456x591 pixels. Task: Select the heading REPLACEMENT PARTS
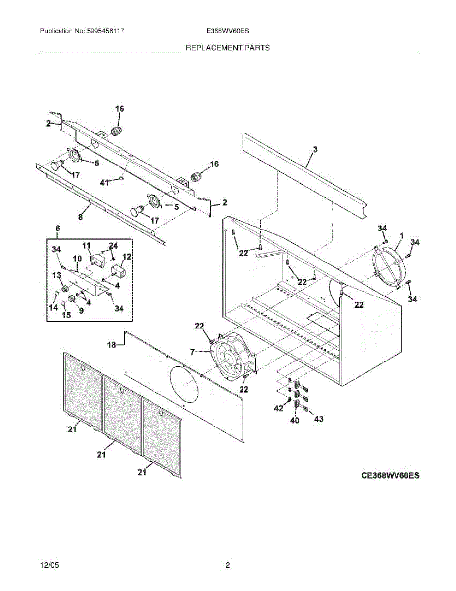coord(228,48)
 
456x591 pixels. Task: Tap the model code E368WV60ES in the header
coord(228,31)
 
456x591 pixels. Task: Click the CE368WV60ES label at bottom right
coord(390,476)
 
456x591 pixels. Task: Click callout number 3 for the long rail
coord(315,148)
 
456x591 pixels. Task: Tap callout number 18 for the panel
coord(112,345)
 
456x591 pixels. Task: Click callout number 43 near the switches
coord(319,419)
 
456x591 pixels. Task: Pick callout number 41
coord(104,183)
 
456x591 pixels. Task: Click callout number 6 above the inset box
coord(57,228)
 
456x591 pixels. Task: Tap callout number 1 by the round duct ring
coord(402,237)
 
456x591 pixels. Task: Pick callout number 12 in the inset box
coord(127,256)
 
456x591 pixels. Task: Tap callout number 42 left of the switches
coord(279,408)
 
